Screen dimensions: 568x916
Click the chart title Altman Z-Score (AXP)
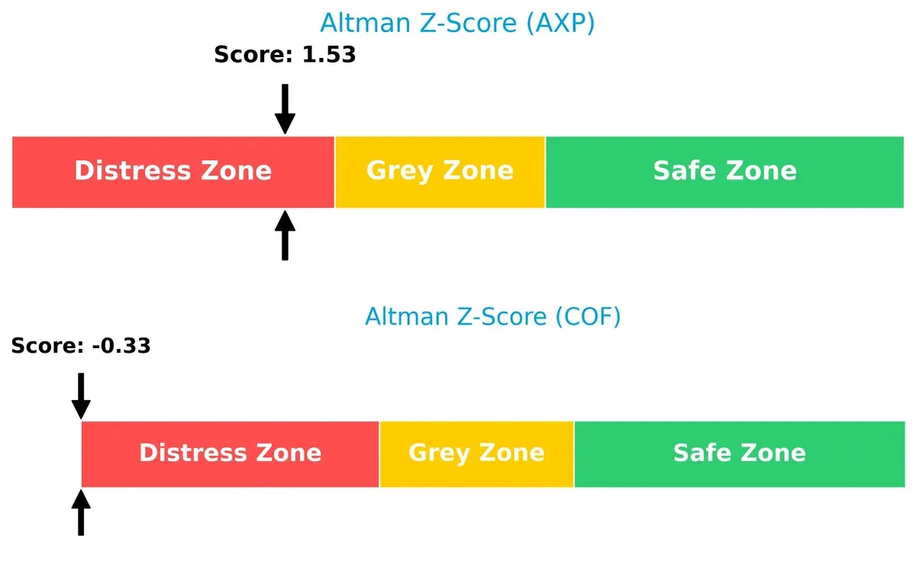[x=456, y=24]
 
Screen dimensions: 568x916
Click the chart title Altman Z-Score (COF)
[x=492, y=316]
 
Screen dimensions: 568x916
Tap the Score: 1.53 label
[x=285, y=55]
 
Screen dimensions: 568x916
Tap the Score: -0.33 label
[x=81, y=346]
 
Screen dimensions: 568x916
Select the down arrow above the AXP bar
[x=285, y=109]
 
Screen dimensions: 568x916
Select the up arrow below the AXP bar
[x=285, y=236]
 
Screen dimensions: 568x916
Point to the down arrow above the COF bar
[x=81, y=395]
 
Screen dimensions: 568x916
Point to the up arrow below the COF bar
[x=81, y=512]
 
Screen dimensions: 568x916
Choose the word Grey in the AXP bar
[x=399, y=170]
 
